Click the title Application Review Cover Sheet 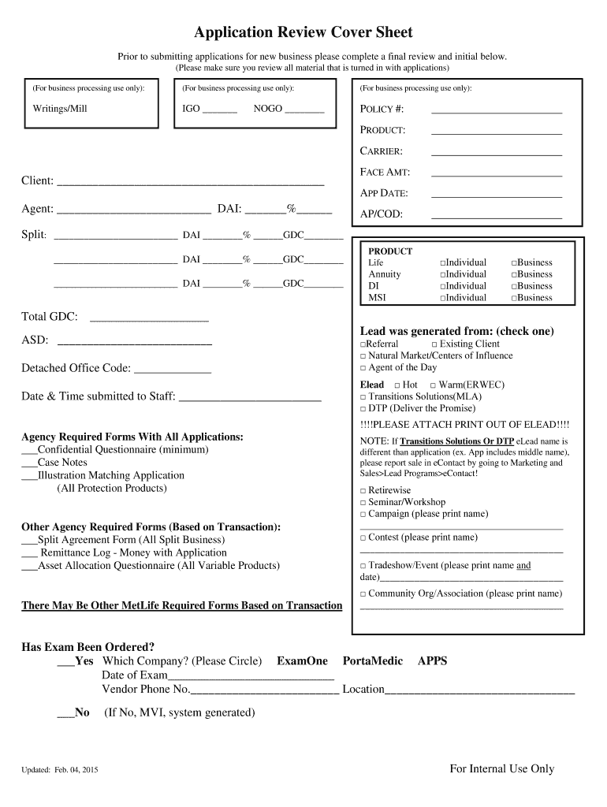coord(303,33)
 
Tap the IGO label coord(191,109)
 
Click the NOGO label coord(268,109)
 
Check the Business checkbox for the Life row coord(514,263)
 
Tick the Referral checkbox coord(363,345)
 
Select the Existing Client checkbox coord(434,345)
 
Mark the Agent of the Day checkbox coord(363,369)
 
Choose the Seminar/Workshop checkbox coord(363,503)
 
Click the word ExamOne coord(302,661)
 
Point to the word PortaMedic coord(372,661)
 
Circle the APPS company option coord(432,661)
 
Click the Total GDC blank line coord(150,318)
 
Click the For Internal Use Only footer coord(501,769)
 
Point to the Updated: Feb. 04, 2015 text coord(60,770)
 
